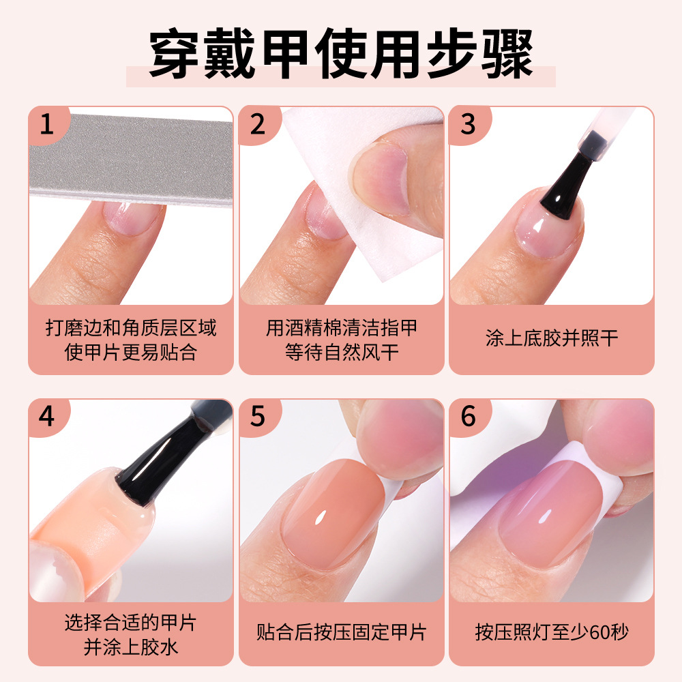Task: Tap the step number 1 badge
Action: pos(47,125)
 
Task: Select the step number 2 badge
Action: pos(257,125)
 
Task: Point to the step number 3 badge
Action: pos(468,125)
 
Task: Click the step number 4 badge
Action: pos(47,417)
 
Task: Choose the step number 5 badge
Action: pos(257,417)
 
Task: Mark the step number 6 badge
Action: pos(468,417)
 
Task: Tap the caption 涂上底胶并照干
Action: pos(551,339)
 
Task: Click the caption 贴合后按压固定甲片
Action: pos(341,632)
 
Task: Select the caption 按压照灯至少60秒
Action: pos(551,632)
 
